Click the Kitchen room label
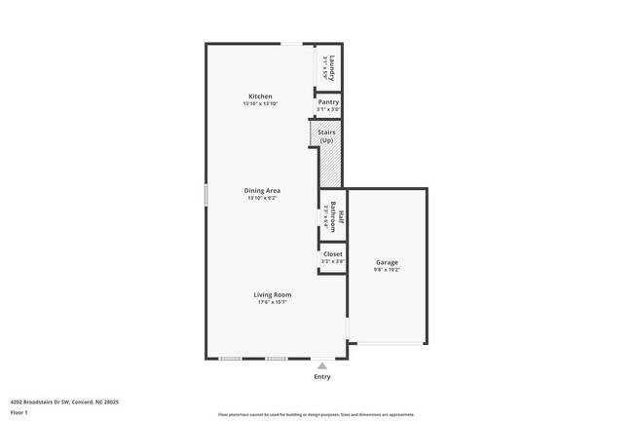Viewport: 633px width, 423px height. point(260,96)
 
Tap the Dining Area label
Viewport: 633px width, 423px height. point(262,190)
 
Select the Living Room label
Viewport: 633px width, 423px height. point(273,294)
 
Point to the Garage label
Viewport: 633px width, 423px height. point(387,262)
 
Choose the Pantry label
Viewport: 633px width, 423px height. point(328,102)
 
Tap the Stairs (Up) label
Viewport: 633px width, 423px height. point(326,135)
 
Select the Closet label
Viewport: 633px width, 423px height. point(332,253)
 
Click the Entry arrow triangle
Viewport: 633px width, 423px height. point(322,365)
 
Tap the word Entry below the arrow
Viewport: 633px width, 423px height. point(322,376)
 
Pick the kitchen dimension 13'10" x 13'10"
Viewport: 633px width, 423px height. point(260,104)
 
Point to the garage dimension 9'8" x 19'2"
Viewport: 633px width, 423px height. point(387,270)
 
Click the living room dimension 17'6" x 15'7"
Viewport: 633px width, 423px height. point(273,302)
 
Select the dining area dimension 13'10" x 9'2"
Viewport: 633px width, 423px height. point(262,198)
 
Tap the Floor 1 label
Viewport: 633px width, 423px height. point(19,412)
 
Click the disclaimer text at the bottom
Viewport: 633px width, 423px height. point(316,414)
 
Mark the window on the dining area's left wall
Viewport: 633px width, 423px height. point(205,195)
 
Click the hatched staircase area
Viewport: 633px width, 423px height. point(330,166)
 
